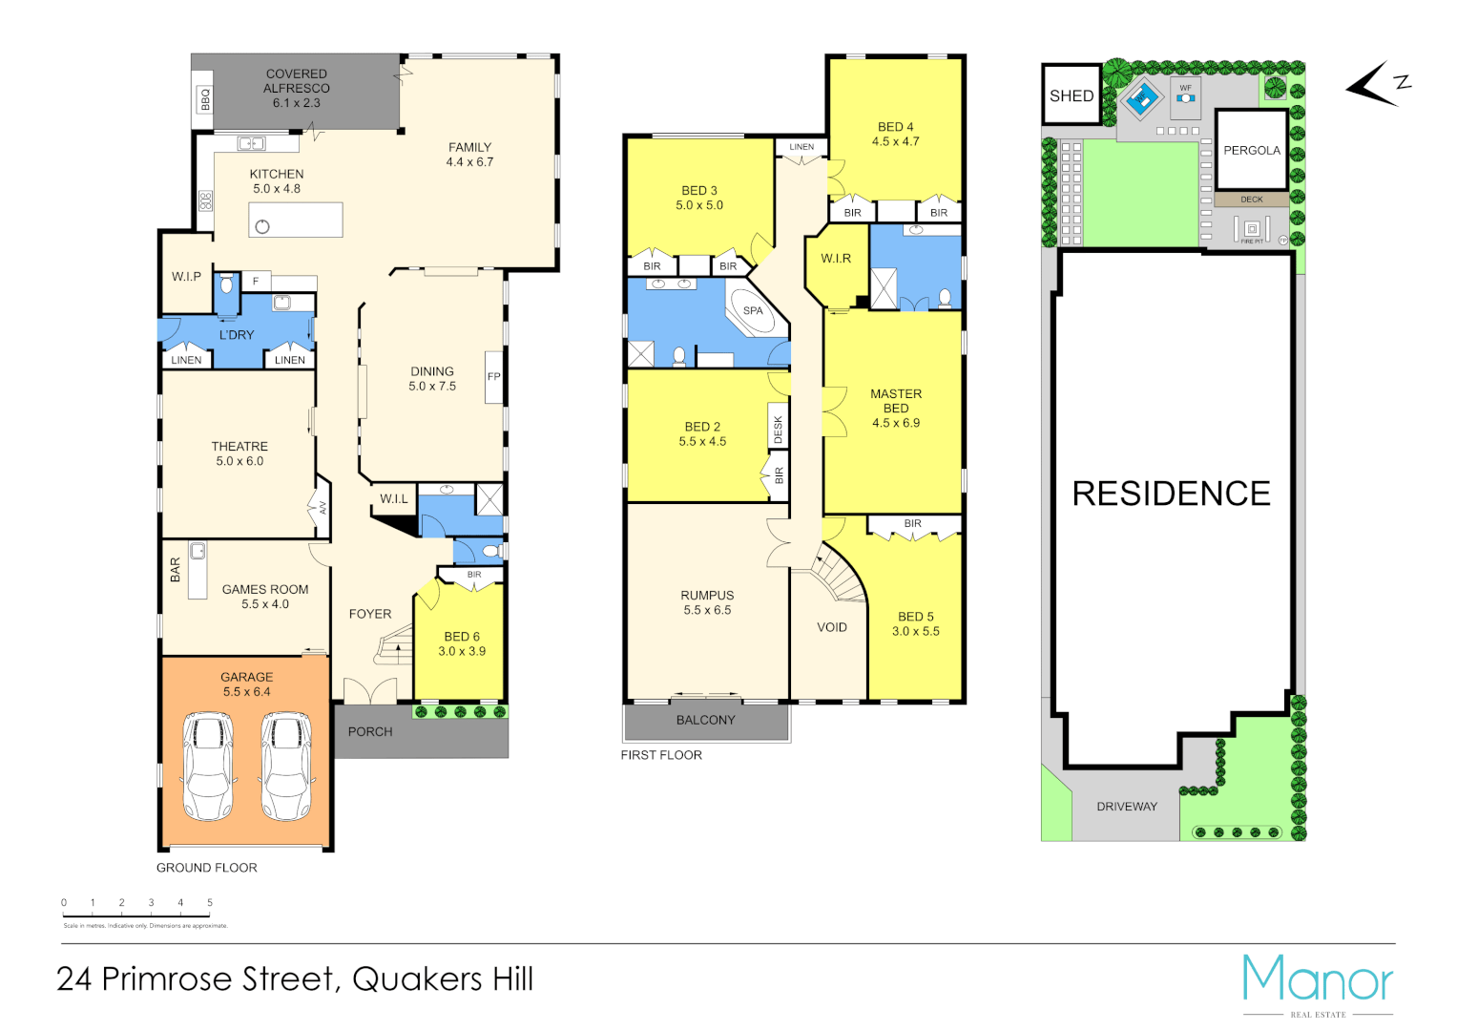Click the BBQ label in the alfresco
205,98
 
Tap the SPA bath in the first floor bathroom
754,310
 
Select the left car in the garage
208,767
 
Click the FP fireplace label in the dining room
493,377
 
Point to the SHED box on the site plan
1072,95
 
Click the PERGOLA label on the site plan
1252,151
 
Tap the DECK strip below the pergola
1251,200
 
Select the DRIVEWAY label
1127,807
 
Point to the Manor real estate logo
1318,984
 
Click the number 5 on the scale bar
210,903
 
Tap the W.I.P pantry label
186,277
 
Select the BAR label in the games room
176,570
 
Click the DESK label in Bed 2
778,430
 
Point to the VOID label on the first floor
832,627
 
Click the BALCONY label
706,721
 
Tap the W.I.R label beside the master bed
836,259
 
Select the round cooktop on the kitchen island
262,226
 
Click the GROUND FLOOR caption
207,868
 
